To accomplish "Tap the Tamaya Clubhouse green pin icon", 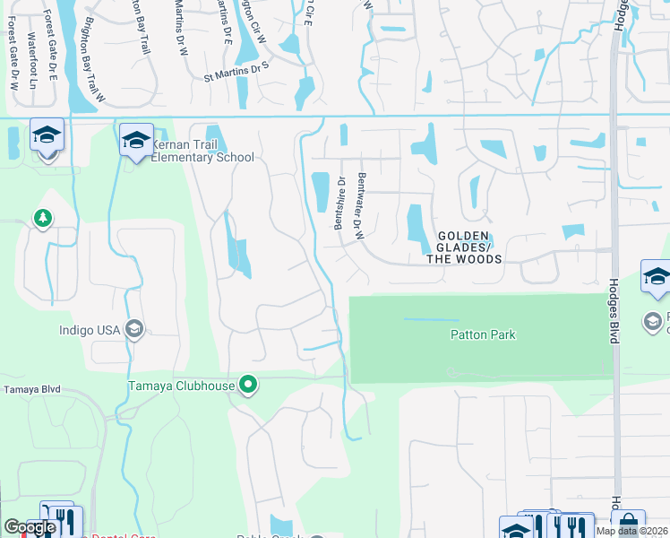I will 249,386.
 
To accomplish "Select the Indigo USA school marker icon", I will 134,330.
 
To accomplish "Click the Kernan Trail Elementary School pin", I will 136,140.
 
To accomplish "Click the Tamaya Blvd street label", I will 31,388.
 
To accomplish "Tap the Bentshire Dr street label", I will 340,204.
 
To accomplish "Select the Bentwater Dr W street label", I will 361,205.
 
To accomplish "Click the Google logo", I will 29,527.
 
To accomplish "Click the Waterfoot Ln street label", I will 33,59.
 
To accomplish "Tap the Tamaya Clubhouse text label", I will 179,386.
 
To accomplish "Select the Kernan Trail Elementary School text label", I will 202,151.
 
